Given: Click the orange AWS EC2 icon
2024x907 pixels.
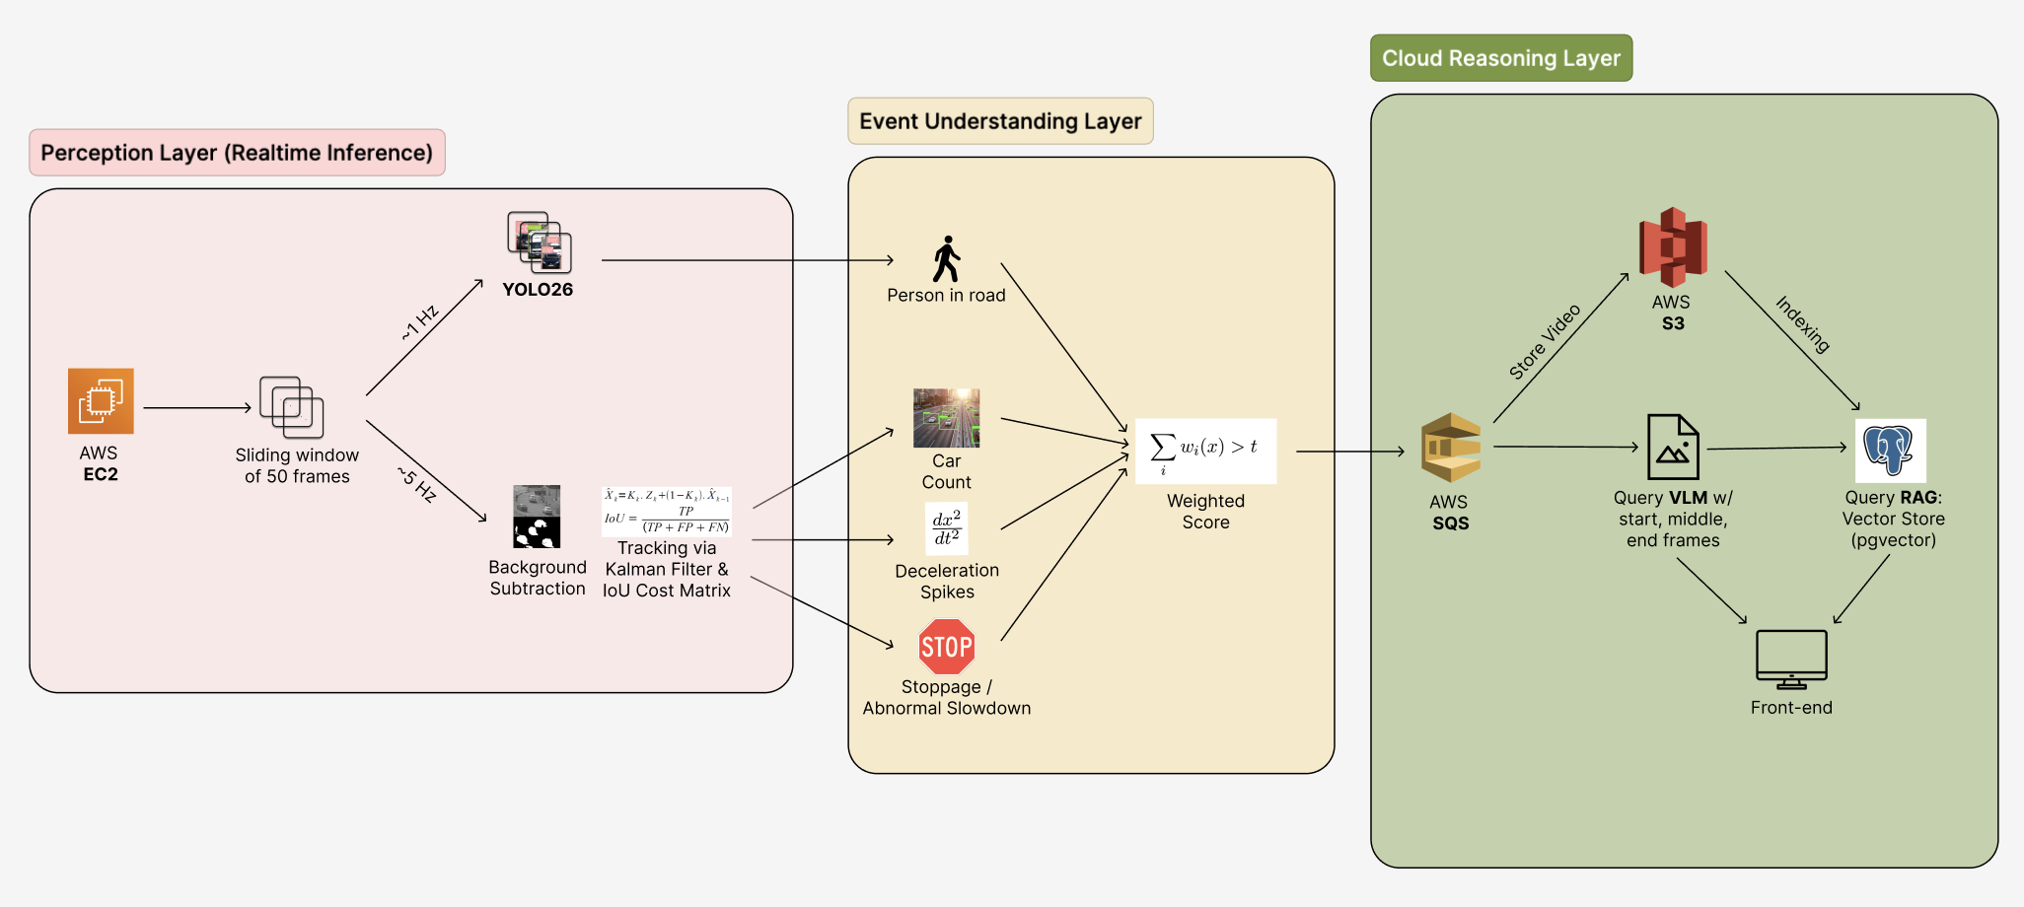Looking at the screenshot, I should (101, 401).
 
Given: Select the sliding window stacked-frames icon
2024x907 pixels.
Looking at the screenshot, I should (292, 407).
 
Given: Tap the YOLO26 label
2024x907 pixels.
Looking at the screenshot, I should (538, 290).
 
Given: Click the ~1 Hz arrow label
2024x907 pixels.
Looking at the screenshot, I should (420, 323).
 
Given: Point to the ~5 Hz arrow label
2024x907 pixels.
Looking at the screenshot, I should (417, 484).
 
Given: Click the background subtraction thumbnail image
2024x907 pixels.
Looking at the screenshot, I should (537, 517).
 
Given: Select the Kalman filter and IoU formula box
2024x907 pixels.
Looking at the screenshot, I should (667, 512).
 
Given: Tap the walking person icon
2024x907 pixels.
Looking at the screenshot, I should (947, 259).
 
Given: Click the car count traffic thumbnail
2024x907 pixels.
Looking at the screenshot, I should (947, 418).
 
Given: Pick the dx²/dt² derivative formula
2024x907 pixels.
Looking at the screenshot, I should (947, 528).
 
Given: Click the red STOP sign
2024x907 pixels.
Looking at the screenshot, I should (947, 647).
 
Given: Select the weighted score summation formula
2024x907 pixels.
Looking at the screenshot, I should (1205, 451).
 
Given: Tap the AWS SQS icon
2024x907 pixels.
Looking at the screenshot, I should (1451, 448).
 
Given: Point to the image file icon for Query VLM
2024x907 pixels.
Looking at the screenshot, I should (1673, 447).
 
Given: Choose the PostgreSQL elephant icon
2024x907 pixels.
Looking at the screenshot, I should (1890, 451).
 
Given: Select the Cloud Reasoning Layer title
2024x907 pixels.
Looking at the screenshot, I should (1501, 58).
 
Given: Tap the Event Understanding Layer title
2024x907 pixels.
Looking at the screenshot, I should (1000, 121).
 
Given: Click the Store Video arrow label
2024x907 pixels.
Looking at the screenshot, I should (1545, 341).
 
